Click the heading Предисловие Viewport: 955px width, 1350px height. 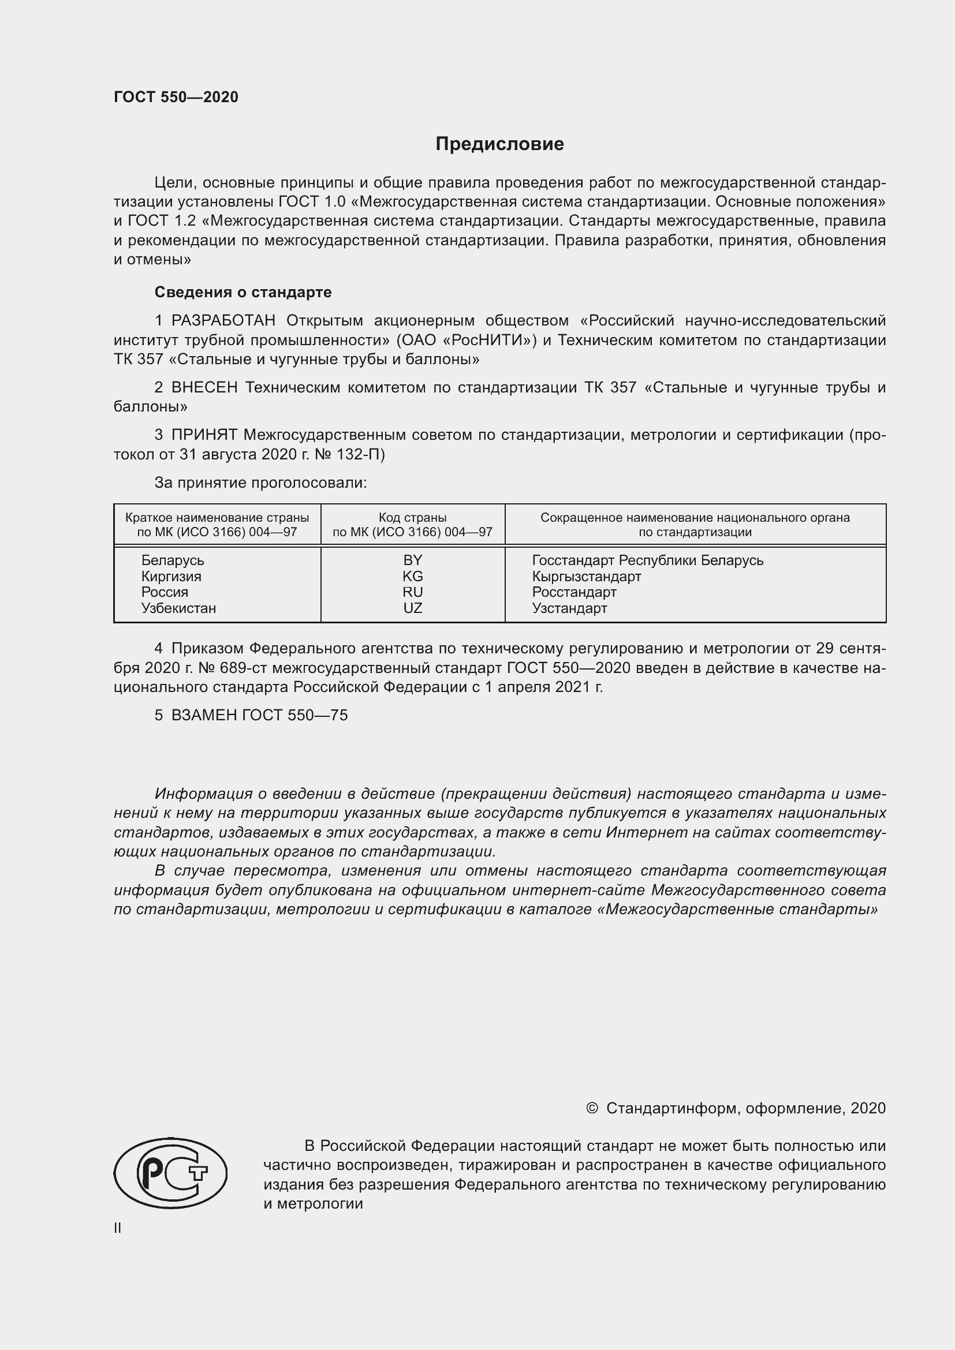(x=499, y=144)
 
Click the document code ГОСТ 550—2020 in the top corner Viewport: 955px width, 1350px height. (x=176, y=97)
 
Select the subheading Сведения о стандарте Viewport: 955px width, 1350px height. (x=243, y=292)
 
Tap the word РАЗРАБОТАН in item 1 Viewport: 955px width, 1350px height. (x=223, y=320)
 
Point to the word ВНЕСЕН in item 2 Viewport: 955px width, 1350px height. (x=204, y=387)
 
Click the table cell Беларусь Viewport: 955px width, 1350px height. (x=172, y=560)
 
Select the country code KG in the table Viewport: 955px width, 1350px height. (x=412, y=576)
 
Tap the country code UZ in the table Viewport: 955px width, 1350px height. (x=412, y=608)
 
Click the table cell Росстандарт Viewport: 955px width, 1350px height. (x=574, y=592)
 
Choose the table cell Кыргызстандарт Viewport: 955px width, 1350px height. (x=586, y=576)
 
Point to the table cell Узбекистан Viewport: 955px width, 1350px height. (x=178, y=608)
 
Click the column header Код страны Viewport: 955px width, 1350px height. (x=412, y=517)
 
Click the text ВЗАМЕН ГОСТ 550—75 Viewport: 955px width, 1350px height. (x=259, y=715)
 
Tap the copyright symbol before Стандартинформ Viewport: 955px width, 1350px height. (x=592, y=1108)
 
